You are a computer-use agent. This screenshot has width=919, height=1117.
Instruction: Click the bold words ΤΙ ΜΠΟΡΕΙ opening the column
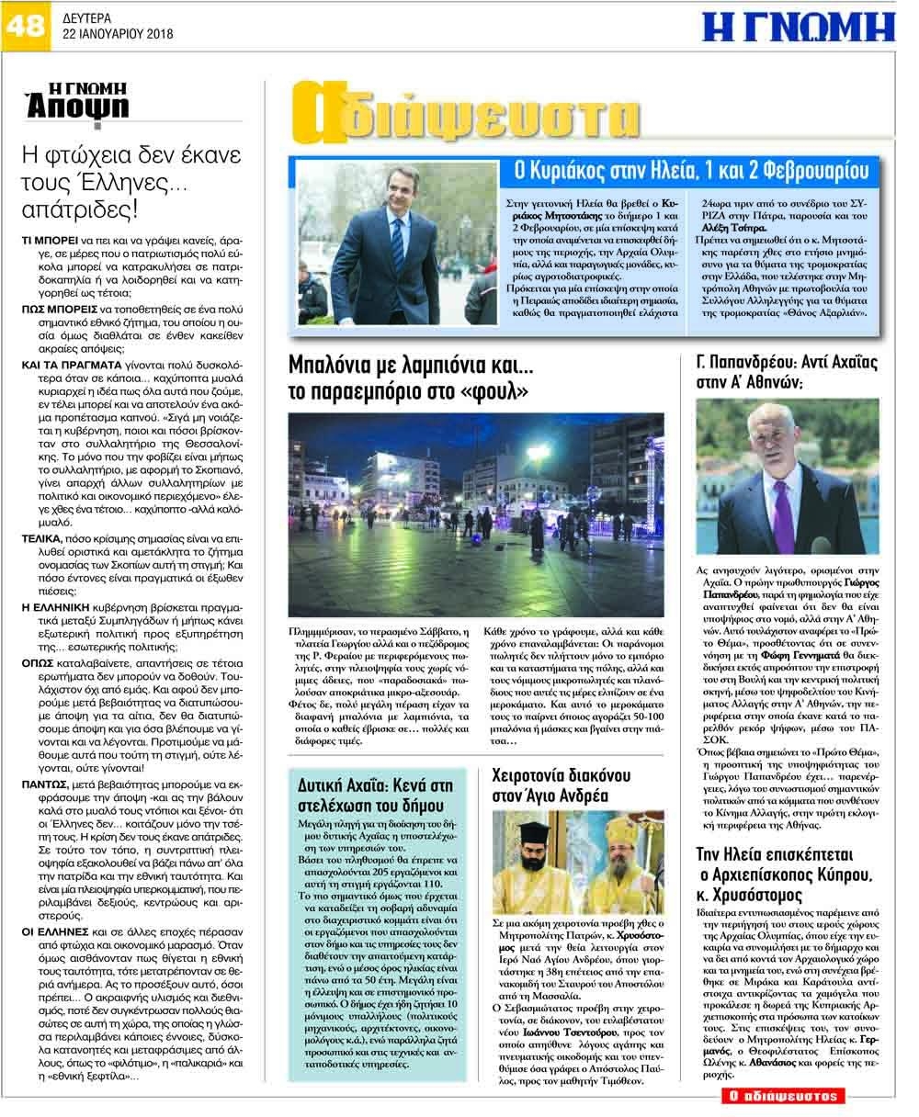point(47,238)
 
